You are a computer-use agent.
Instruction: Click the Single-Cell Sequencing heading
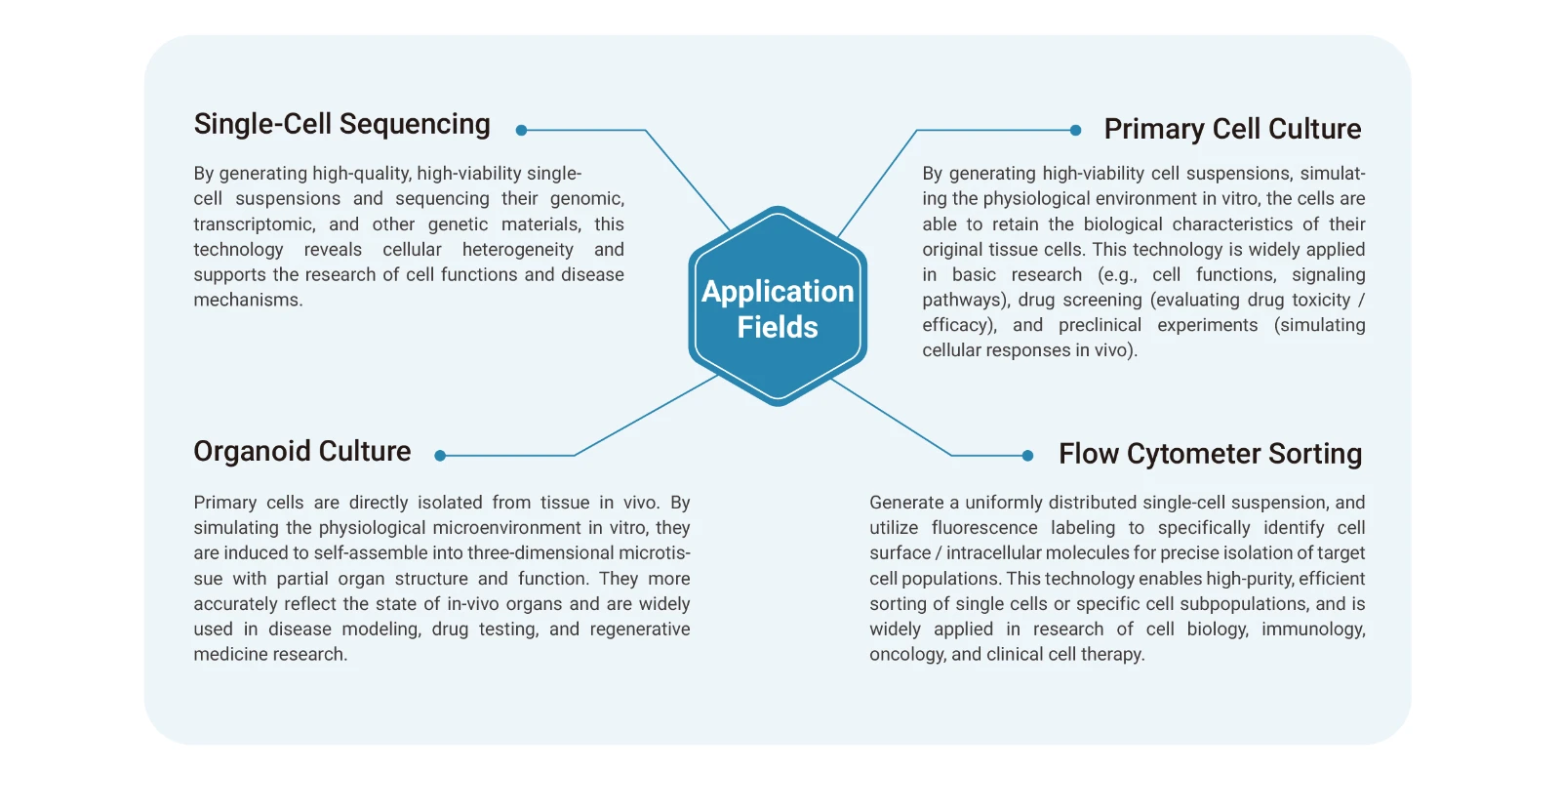click(341, 125)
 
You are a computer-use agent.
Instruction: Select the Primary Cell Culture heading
click(1232, 129)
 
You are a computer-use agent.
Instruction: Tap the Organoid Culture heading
click(301, 452)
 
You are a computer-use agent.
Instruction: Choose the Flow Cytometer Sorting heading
click(1210, 454)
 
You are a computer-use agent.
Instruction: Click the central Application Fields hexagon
click(778, 306)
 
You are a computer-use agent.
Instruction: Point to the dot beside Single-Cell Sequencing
click(521, 130)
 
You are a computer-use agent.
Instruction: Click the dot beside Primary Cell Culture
click(1075, 130)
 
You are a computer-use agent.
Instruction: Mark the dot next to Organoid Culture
click(440, 455)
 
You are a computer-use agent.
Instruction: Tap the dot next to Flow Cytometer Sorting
click(1027, 455)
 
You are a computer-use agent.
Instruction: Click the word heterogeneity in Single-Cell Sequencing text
click(517, 250)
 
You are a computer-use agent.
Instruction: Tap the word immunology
click(1312, 629)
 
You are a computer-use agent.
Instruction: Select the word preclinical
click(1100, 326)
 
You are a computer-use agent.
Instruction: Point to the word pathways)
click(964, 301)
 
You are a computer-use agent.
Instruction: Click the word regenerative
click(639, 629)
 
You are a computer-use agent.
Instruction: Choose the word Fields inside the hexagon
click(778, 328)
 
